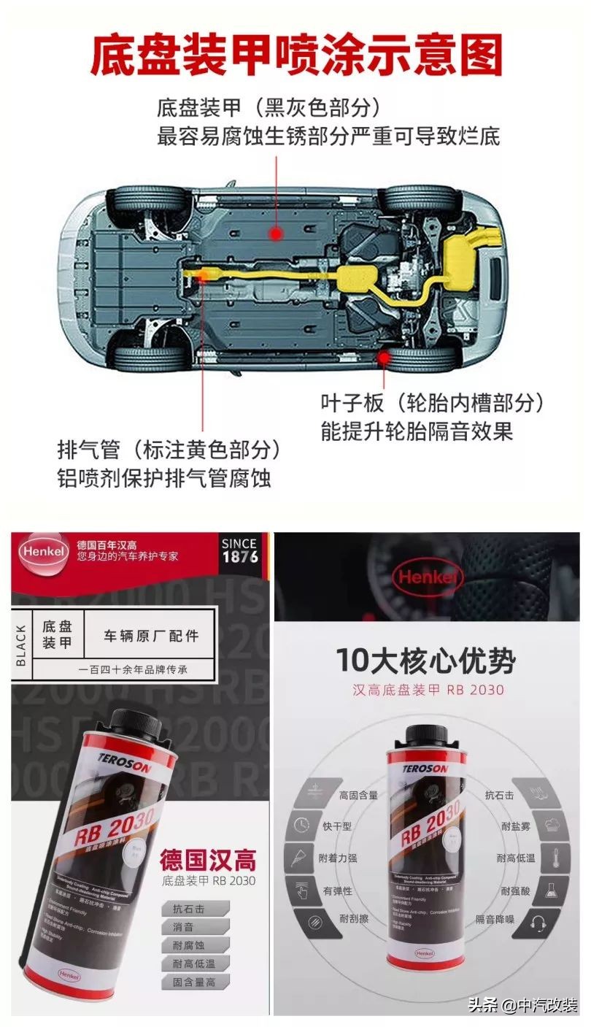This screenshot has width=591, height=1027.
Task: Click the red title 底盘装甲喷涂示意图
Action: tap(295, 55)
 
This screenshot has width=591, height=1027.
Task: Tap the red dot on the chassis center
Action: tap(276, 234)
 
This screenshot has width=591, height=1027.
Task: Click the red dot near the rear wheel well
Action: tap(382, 356)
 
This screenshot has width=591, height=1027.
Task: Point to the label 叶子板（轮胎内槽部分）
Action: tap(433, 403)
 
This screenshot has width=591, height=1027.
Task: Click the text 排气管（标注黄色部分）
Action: tap(169, 448)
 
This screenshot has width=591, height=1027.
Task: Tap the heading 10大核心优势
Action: tap(425, 661)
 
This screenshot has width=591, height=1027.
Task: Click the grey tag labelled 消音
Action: tap(184, 927)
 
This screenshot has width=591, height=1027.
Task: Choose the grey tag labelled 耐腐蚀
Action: tap(188, 945)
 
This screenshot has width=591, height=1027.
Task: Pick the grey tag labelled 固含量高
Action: tap(193, 982)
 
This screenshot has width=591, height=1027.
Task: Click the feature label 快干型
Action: tap(337, 826)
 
